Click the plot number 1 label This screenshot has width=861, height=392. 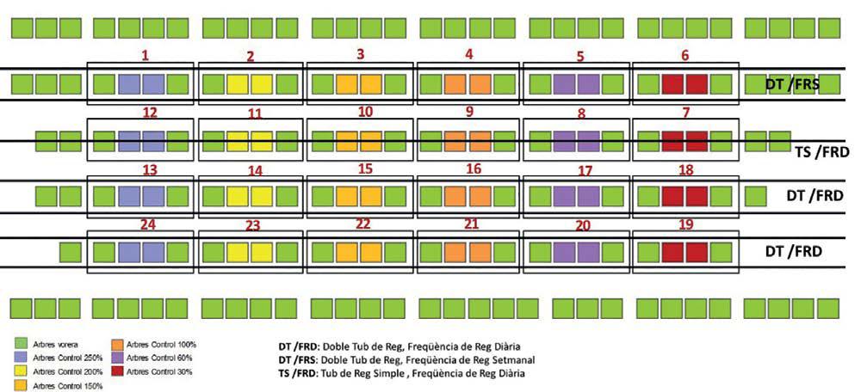pyautogui.click(x=146, y=55)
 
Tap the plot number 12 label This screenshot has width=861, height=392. pyautogui.click(x=150, y=113)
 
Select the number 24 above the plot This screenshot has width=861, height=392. pyautogui.click(x=150, y=224)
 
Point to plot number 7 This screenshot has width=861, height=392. pyautogui.click(x=685, y=113)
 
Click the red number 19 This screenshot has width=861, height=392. pyautogui.click(x=686, y=224)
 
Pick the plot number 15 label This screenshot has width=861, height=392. pyautogui.click(x=365, y=169)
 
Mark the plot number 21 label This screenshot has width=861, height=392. pyautogui.click(x=472, y=224)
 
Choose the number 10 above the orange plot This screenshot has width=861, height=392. pyautogui.click(x=365, y=113)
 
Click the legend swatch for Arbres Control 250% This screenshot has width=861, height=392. pyautogui.click(x=22, y=358)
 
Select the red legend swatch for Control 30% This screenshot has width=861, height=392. pyautogui.click(x=118, y=371)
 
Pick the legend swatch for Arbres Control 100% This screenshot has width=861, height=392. pyautogui.click(x=118, y=345)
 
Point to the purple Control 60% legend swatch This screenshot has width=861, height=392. pyautogui.click(x=118, y=358)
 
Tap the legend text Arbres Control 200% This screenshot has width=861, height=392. pyautogui.click(x=68, y=371)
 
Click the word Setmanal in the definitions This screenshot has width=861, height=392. pyautogui.click(x=512, y=360)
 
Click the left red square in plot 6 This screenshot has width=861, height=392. pyautogui.click(x=672, y=84)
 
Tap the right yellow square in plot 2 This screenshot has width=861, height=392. pyautogui.click(x=262, y=84)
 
